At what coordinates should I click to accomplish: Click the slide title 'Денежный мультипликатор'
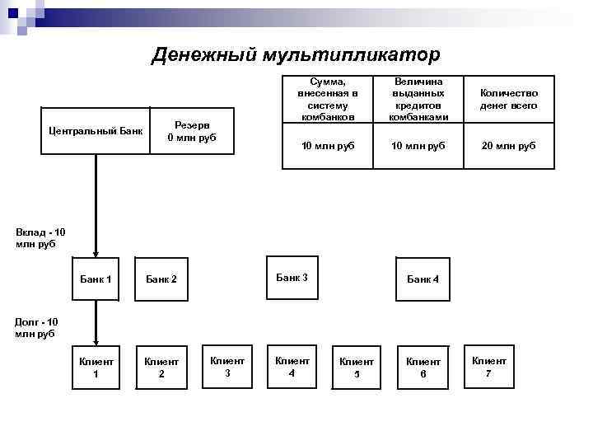[x=296, y=54]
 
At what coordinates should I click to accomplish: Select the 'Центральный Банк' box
[x=96, y=130]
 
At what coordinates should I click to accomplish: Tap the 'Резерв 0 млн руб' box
[x=191, y=130]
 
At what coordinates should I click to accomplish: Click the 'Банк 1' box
[x=96, y=279]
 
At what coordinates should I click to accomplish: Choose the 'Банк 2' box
[x=161, y=279]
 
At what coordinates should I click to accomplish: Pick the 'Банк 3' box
[x=292, y=278]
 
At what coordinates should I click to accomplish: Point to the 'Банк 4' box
[x=423, y=279]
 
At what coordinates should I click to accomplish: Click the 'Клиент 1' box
[x=96, y=368]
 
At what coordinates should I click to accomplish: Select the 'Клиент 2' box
[x=161, y=368]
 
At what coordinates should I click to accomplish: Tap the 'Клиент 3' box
[x=227, y=366]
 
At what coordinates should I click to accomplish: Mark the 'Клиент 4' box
[x=292, y=366]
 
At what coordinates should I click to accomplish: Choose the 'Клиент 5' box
[x=357, y=368]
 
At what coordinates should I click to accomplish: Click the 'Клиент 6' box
[x=423, y=368]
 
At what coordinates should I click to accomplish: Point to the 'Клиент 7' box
[x=489, y=366]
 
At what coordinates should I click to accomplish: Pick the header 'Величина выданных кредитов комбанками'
[x=419, y=100]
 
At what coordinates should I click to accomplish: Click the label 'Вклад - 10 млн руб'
[x=40, y=238]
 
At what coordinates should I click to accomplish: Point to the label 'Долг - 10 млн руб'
[x=38, y=327]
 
